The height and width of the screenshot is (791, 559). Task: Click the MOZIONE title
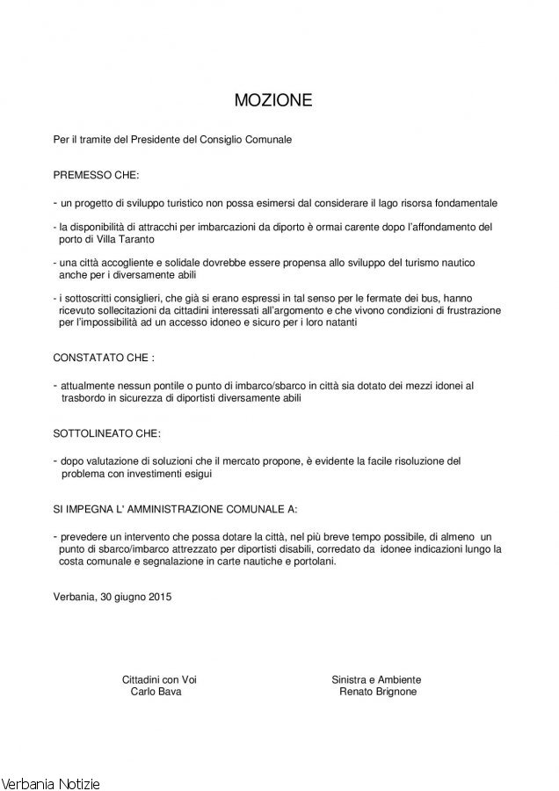pos(273,101)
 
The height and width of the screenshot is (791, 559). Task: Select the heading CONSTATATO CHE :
pos(104,359)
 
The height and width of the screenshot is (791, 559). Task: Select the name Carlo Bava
pos(156,692)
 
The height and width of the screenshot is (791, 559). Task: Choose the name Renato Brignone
pos(377,692)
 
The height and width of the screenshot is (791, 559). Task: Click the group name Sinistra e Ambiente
pos(376,679)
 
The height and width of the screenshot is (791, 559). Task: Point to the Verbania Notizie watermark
pos(51,781)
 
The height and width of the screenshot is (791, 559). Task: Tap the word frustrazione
pos(468,311)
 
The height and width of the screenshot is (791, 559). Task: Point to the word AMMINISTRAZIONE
pos(172,509)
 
